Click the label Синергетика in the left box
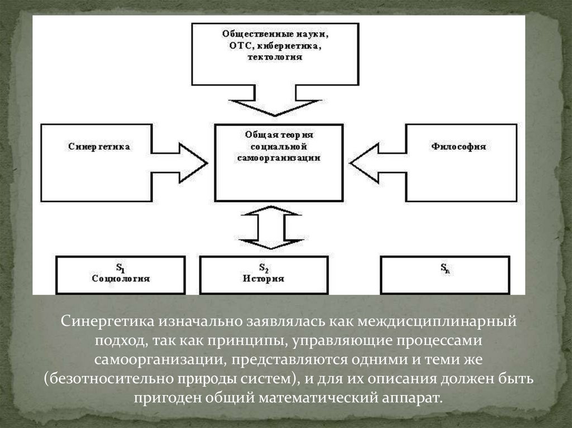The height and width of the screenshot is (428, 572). point(99,147)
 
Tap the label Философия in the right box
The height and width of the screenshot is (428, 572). point(458,147)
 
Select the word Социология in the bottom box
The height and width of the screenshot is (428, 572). point(121,278)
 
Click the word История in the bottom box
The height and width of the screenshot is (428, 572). point(264,278)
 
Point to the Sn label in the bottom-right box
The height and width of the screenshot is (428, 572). point(445,268)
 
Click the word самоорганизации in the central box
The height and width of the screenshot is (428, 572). point(279,158)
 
